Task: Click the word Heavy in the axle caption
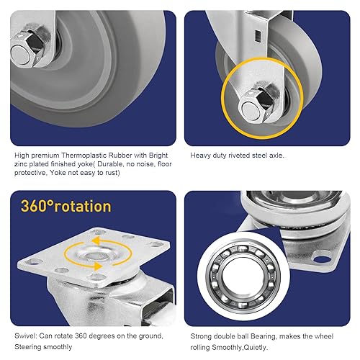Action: coord(199,154)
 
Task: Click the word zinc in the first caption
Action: coord(22,163)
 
